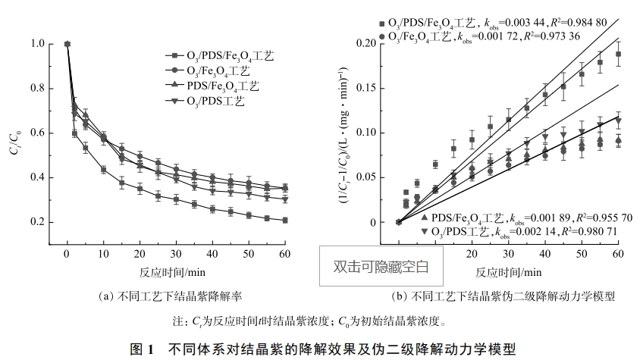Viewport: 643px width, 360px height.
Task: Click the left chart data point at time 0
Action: pos(67,44)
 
